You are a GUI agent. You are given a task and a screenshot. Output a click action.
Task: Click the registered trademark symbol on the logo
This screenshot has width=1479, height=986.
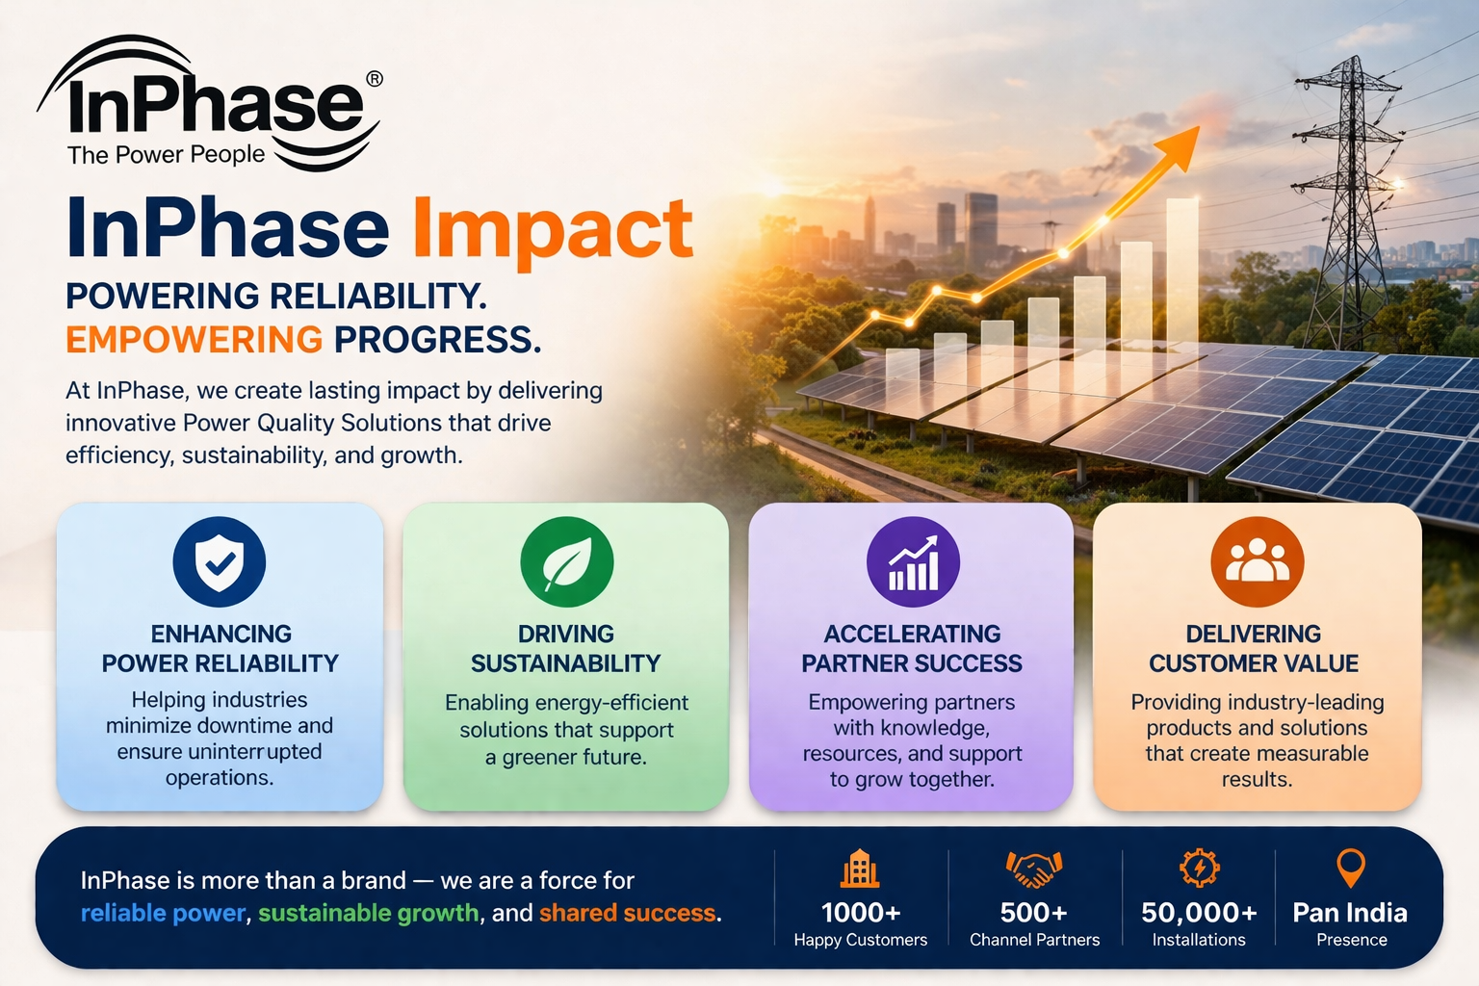(x=375, y=79)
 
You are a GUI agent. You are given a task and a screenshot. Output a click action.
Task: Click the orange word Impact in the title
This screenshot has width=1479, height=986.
(x=553, y=229)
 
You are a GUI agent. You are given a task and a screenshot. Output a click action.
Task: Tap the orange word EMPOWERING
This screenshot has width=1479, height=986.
(x=194, y=340)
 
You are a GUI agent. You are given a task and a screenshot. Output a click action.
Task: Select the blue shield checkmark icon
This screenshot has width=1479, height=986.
(x=220, y=562)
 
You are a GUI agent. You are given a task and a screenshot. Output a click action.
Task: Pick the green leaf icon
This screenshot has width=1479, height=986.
(x=566, y=562)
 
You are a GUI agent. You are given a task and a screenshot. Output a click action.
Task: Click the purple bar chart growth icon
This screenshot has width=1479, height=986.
(x=913, y=562)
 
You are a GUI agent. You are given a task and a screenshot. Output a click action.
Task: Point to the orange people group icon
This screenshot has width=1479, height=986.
(x=1257, y=562)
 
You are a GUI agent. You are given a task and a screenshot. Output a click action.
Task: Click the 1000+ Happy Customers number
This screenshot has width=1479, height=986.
(x=860, y=912)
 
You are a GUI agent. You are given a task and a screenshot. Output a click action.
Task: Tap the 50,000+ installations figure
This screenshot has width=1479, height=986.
(x=1199, y=912)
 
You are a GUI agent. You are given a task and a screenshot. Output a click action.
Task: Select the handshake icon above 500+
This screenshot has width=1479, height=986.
(x=1033, y=869)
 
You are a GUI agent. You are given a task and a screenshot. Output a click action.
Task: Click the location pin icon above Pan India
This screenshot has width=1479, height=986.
(x=1351, y=868)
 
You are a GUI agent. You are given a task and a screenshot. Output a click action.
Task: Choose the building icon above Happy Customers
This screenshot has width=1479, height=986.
(x=860, y=869)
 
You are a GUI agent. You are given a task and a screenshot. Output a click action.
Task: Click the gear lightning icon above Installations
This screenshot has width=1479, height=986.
(x=1199, y=869)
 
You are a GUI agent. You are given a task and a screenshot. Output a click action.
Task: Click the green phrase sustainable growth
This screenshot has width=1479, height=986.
(x=368, y=913)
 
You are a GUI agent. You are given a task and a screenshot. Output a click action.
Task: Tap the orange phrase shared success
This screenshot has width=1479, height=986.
(x=627, y=913)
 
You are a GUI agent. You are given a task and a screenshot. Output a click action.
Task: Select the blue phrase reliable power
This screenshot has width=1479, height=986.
(x=163, y=913)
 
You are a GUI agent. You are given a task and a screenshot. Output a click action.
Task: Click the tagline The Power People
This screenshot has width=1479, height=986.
(x=166, y=155)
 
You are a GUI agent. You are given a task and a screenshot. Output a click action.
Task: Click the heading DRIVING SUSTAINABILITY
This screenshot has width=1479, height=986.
(x=566, y=648)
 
